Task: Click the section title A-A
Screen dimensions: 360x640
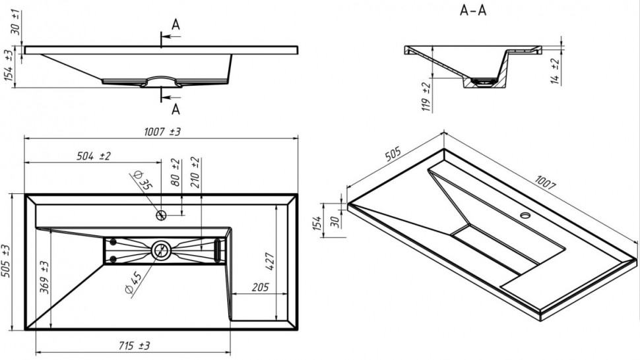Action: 472,11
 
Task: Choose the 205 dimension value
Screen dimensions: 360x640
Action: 259,287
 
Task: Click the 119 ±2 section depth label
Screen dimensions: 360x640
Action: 426,96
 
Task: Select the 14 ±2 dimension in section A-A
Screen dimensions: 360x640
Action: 556,71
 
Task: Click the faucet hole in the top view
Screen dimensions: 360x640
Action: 161,215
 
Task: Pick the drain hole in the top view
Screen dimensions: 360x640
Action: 160,250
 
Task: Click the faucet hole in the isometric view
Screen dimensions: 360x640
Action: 525,215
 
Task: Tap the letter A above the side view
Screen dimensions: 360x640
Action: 176,24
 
